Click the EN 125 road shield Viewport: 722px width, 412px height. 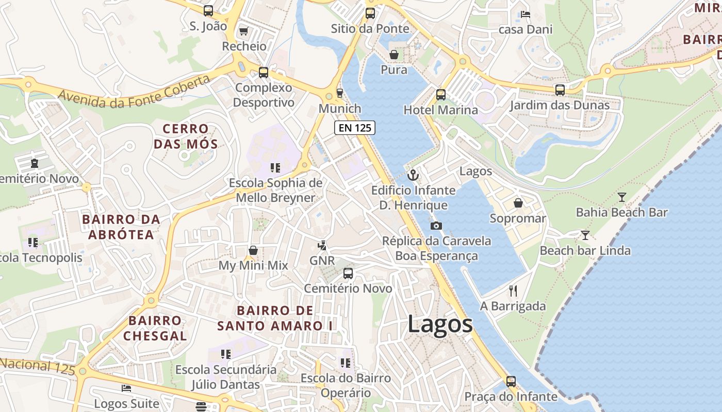(354, 128)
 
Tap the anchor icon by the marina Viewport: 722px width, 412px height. (413, 175)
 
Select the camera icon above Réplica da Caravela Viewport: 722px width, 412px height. (436, 226)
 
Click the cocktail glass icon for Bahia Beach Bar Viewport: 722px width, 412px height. (622, 197)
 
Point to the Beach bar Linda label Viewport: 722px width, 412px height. (585, 251)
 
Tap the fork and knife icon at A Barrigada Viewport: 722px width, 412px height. (513, 291)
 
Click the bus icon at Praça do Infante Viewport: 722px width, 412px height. (511, 382)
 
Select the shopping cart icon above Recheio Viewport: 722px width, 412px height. (244, 31)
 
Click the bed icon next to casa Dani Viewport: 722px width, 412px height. (525, 14)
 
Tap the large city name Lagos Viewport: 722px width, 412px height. (440, 324)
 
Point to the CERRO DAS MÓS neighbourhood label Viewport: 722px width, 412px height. (185, 136)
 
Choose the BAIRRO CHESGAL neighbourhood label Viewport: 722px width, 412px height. (155, 328)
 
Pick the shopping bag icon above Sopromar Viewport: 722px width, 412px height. (518, 203)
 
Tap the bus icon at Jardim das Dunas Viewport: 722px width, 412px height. (560, 90)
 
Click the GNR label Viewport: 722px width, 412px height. (322, 261)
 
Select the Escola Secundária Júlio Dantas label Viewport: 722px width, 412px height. (226, 377)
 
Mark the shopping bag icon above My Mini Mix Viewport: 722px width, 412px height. (253, 250)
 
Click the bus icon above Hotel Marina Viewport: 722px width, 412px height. (440, 95)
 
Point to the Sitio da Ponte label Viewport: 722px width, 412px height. (370, 28)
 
